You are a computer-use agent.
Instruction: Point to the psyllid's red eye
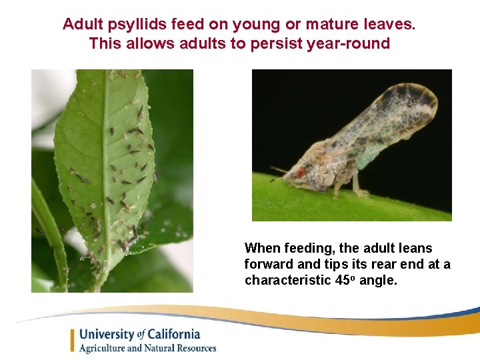click(x=300, y=173)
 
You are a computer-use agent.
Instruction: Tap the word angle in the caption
click(x=377, y=281)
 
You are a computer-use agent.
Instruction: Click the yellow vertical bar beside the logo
click(x=73, y=340)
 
